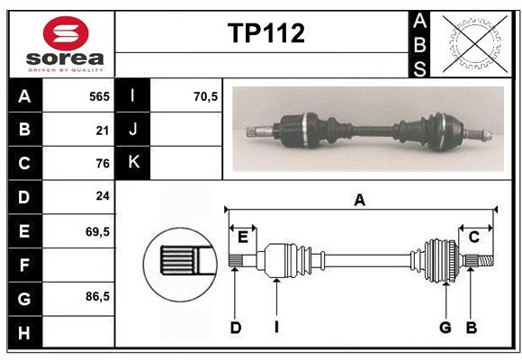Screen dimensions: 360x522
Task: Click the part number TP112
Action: pos(265,33)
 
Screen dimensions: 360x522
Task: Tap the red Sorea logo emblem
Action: pos(65,35)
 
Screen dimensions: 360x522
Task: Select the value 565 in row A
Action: pos(99,96)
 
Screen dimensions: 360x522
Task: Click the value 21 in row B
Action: pos(103,130)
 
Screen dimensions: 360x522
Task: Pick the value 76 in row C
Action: pos(103,164)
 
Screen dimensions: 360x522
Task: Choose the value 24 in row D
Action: pos(103,197)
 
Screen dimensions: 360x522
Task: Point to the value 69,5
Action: pos(97,231)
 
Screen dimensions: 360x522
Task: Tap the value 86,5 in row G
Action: pos(97,297)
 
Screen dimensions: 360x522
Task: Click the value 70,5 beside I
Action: pos(205,96)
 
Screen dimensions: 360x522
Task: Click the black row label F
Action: pos(24,265)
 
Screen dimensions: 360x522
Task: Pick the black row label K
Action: pos(133,163)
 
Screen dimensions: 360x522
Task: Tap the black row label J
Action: pos(133,130)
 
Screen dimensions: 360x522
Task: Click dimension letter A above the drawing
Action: pos(360,201)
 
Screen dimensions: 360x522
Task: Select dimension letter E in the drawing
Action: pos(243,237)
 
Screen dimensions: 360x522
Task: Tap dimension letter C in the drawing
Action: pos(473,237)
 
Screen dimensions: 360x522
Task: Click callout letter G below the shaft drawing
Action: pos(445,328)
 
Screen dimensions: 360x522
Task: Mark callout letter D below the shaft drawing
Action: pos(235,328)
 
